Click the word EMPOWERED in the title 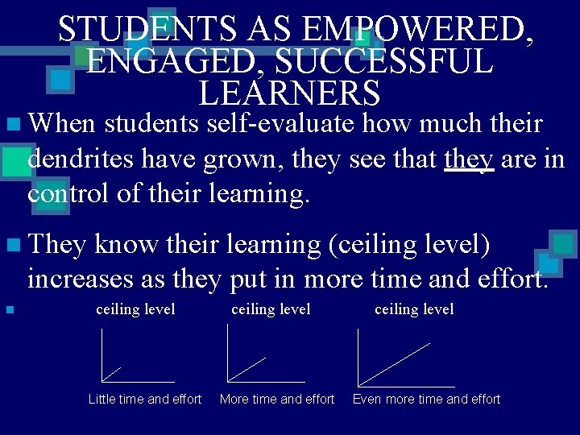point(416,30)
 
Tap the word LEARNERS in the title point(289,93)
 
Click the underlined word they point(469,159)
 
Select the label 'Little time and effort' point(145,399)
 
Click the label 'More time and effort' point(277,399)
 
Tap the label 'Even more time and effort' point(427,399)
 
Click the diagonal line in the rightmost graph point(395,364)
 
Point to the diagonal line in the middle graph point(247,369)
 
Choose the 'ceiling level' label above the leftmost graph point(135,309)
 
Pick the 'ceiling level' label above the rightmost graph point(414,309)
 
